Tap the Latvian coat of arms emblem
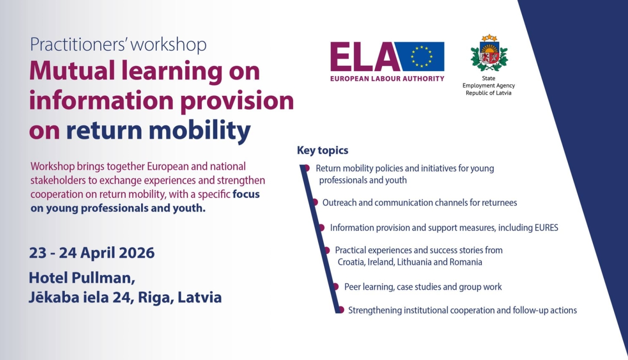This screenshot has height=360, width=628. [489, 53]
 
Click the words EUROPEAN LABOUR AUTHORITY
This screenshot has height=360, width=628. [387, 79]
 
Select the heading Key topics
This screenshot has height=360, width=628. [323, 150]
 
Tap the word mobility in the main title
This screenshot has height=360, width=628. [199, 130]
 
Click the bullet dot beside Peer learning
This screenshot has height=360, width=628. [336, 286]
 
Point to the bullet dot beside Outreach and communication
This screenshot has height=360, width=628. [315, 202]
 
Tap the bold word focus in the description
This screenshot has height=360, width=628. [246, 194]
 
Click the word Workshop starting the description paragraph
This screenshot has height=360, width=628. [53, 167]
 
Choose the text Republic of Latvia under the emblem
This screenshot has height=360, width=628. [489, 93]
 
